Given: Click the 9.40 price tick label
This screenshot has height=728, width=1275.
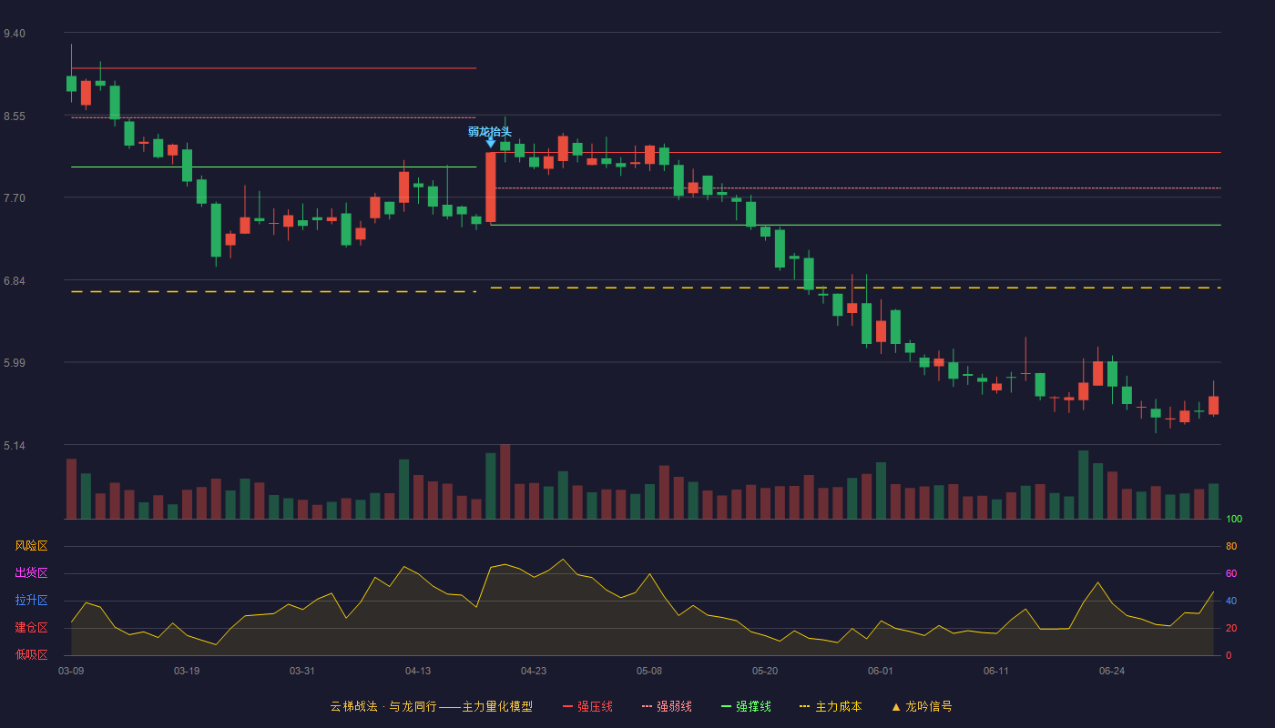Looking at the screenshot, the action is (15, 34).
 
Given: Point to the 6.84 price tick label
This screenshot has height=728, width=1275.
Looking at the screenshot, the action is (15, 281).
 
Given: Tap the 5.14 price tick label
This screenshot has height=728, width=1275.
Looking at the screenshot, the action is (15, 446).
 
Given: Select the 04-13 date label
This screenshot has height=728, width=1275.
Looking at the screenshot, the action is (418, 672).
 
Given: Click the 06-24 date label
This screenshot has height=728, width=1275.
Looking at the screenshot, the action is (1112, 672).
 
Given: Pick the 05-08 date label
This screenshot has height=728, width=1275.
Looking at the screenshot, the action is (648, 672).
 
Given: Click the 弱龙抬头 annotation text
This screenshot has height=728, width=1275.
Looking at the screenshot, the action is (490, 132).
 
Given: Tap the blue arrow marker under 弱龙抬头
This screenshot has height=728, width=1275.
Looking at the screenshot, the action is (490, 142).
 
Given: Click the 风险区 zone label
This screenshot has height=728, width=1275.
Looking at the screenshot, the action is (31, 546).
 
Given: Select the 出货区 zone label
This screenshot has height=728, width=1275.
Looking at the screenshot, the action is (31, 572).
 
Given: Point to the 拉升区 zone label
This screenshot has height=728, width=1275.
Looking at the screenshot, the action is (31, 600).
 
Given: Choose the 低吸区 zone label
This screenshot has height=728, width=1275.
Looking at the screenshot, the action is (31, 654).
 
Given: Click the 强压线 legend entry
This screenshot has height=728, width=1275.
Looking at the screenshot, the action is (587, 706).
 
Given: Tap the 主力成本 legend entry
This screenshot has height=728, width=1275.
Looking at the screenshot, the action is (831, 706).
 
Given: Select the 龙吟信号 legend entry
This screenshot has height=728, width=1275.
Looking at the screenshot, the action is (922, 706).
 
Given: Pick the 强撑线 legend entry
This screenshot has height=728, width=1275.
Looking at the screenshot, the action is (746, 706).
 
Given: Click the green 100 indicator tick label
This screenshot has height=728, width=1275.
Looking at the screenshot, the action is (1234, 519).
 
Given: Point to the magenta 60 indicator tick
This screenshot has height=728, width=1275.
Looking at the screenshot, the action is (1231, 573).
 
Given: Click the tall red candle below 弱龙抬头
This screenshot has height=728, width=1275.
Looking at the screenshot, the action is (491, 187).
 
